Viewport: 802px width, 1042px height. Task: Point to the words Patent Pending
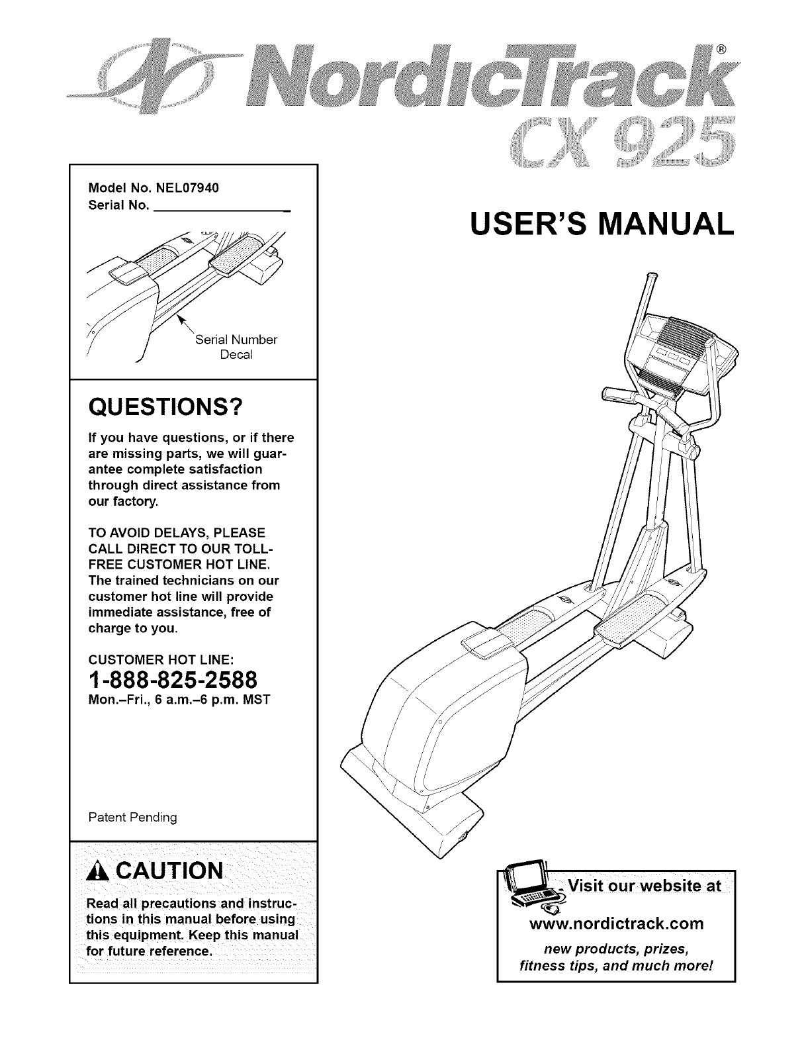(x=132, y=818)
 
